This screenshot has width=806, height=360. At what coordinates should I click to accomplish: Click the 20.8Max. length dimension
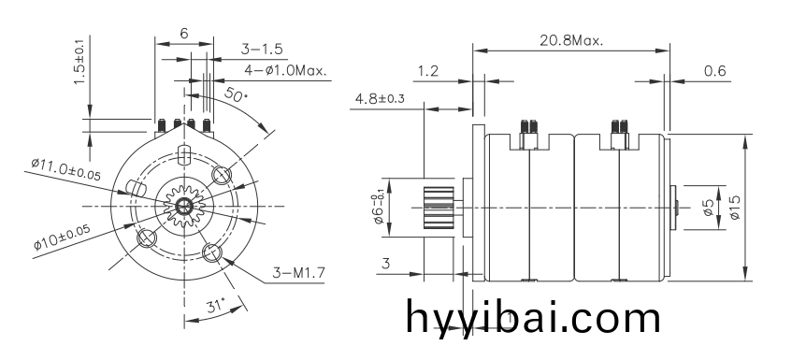571,41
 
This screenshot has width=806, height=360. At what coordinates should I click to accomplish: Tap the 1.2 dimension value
429,71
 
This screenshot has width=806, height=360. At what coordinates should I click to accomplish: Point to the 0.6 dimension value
714,71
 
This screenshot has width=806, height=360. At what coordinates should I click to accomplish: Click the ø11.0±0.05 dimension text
65,169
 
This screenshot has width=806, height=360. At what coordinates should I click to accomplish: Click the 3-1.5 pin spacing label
262,49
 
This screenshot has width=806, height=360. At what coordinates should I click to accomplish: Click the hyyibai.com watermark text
534,316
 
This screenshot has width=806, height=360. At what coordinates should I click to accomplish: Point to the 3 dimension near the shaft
385,265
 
